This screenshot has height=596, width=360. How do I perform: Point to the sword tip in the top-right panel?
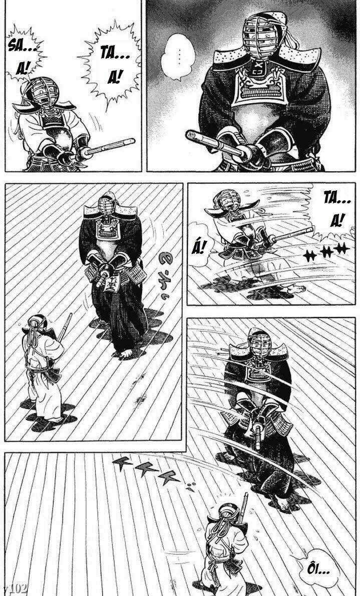[192, 136]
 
